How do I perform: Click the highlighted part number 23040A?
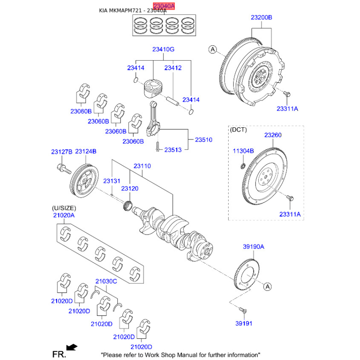point(162,5)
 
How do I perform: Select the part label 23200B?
point(261,18)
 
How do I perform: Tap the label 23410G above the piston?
point(162,49)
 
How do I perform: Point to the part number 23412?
point(172,68)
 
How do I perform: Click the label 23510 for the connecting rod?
point(203,140)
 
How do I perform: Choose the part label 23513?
point(173,149)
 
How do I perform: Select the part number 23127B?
point(61,152)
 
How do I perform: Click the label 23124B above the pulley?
point(86,152)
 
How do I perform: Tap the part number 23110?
point(142,166)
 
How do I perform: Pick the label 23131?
point(112,180)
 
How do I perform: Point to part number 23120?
point(130,189)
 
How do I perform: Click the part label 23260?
point(273,135)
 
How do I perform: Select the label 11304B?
point(243,151)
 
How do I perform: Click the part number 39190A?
point(253,247)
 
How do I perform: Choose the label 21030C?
point(106,281)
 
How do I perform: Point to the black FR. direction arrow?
point(71,347)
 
